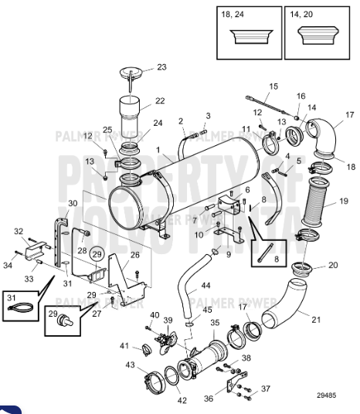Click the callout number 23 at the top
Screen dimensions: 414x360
[161, 66]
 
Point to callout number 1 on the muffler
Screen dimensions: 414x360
[158, 148]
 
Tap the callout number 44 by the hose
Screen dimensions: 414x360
[205, 285]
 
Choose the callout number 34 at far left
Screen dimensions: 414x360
[8, 266]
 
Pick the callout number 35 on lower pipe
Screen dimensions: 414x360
[215, 322]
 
